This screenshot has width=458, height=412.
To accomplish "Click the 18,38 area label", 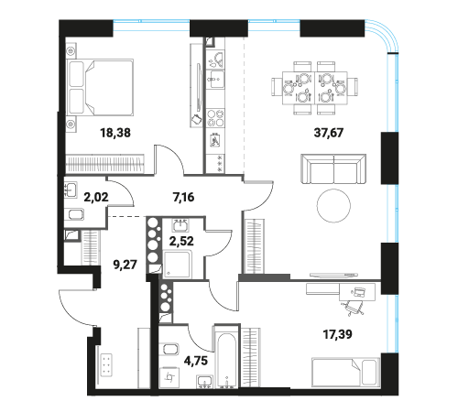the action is [115, 133].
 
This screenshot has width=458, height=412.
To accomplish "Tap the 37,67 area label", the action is [329, 133].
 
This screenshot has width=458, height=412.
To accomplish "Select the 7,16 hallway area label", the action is [183, 197].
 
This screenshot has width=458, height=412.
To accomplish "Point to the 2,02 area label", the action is [96, 197].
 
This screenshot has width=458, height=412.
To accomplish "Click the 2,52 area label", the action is [181, 241].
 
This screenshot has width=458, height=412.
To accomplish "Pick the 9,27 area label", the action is [125, 265].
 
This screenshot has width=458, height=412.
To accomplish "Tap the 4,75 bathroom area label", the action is [196, 361].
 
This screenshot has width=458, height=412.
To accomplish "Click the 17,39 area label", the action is [337, 334].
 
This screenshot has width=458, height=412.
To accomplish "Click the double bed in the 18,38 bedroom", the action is [100, 87].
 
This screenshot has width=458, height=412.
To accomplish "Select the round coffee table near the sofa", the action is [333, 206].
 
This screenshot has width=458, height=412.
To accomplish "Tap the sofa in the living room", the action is [333, 168].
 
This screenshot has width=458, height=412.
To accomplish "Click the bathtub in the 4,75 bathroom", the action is [227, 357].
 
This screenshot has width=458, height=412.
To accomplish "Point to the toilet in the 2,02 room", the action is [76, 214].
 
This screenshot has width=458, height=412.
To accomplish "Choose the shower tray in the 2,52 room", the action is [178, 265].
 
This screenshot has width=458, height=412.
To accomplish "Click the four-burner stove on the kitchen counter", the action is [215, 118].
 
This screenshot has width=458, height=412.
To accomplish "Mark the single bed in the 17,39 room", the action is [345, 372].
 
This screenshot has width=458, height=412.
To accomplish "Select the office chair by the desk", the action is [353, 307].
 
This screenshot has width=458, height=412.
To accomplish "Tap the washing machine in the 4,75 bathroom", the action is [169, 377].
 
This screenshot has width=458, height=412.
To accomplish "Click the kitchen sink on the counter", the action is [215, 79].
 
